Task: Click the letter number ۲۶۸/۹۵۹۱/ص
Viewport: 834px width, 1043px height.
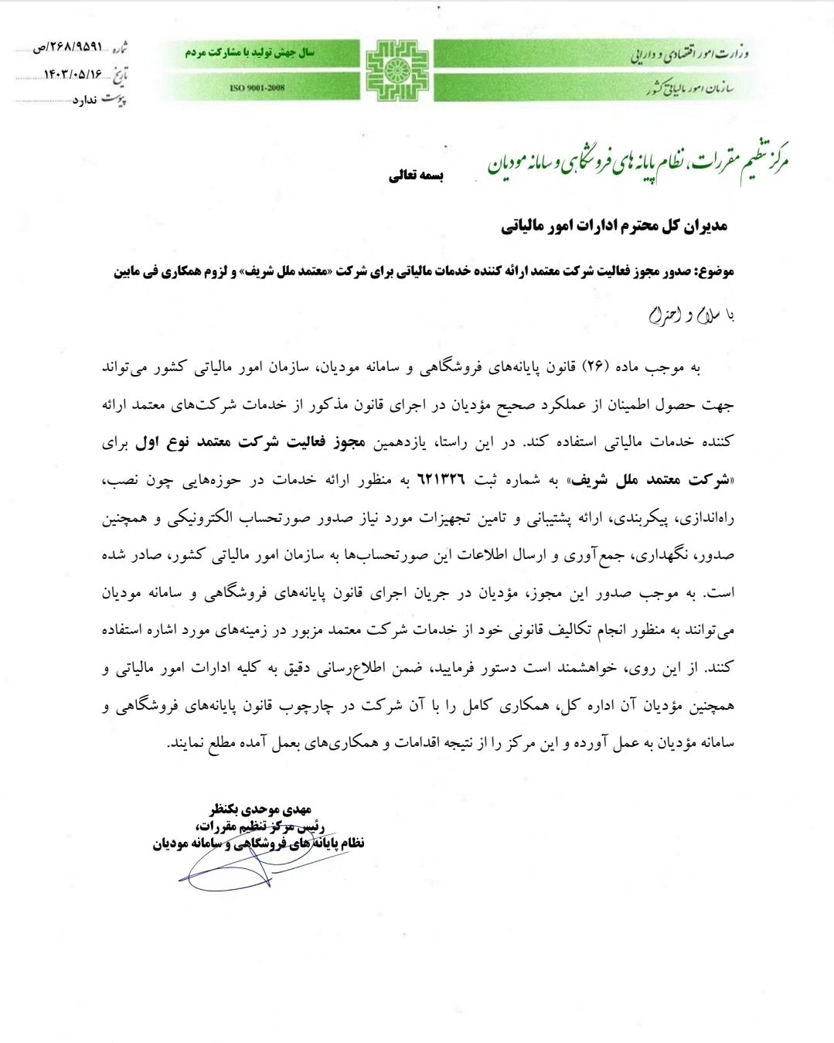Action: click(x=68, y=47)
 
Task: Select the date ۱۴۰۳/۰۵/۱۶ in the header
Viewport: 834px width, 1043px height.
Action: click(x=73, y=74)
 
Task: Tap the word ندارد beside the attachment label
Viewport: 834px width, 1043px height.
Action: click(x=86, y=101)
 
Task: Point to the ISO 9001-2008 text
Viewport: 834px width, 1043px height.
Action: click(x=257, y=88)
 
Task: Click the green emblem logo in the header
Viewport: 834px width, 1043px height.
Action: click(x=397, y=70)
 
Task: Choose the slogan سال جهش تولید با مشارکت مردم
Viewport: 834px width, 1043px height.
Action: click(x=250, y=53)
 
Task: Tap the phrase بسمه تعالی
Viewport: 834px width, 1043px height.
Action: click(x=416, y=176)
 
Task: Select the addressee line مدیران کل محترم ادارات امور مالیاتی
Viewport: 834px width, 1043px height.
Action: click(x=614, y=226)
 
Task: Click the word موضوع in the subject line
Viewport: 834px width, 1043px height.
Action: click(x=715, y=271)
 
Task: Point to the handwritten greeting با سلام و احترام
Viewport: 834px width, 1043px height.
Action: click(x=690, y=315)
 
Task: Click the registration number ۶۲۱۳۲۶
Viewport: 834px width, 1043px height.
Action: click(x=441, y=480)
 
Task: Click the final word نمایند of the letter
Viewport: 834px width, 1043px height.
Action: click(x=186, y=743)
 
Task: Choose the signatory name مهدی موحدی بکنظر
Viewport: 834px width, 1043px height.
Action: click(x=260, y=810)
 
